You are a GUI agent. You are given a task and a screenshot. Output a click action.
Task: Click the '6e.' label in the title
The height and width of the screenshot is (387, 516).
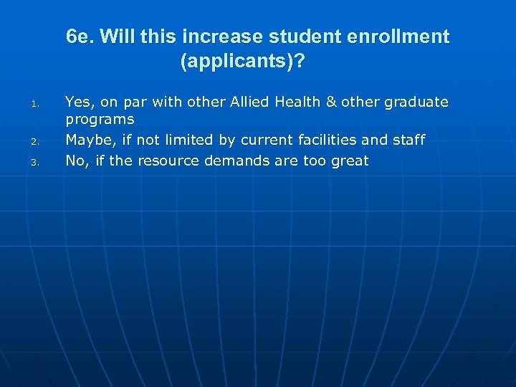(x=80, y=37)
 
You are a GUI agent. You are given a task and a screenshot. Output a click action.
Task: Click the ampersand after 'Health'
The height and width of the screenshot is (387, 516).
(x=331, y=102)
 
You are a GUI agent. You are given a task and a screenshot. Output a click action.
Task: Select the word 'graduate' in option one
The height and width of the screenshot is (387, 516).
(x=416, y=103)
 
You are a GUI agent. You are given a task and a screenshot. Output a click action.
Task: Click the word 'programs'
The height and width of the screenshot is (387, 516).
(x=100, y=120)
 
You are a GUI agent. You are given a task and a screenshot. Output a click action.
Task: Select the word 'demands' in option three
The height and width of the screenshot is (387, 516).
(x=234, y=161)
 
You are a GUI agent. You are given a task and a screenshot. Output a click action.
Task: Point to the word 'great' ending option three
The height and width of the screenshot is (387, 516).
(x=350, y=161)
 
